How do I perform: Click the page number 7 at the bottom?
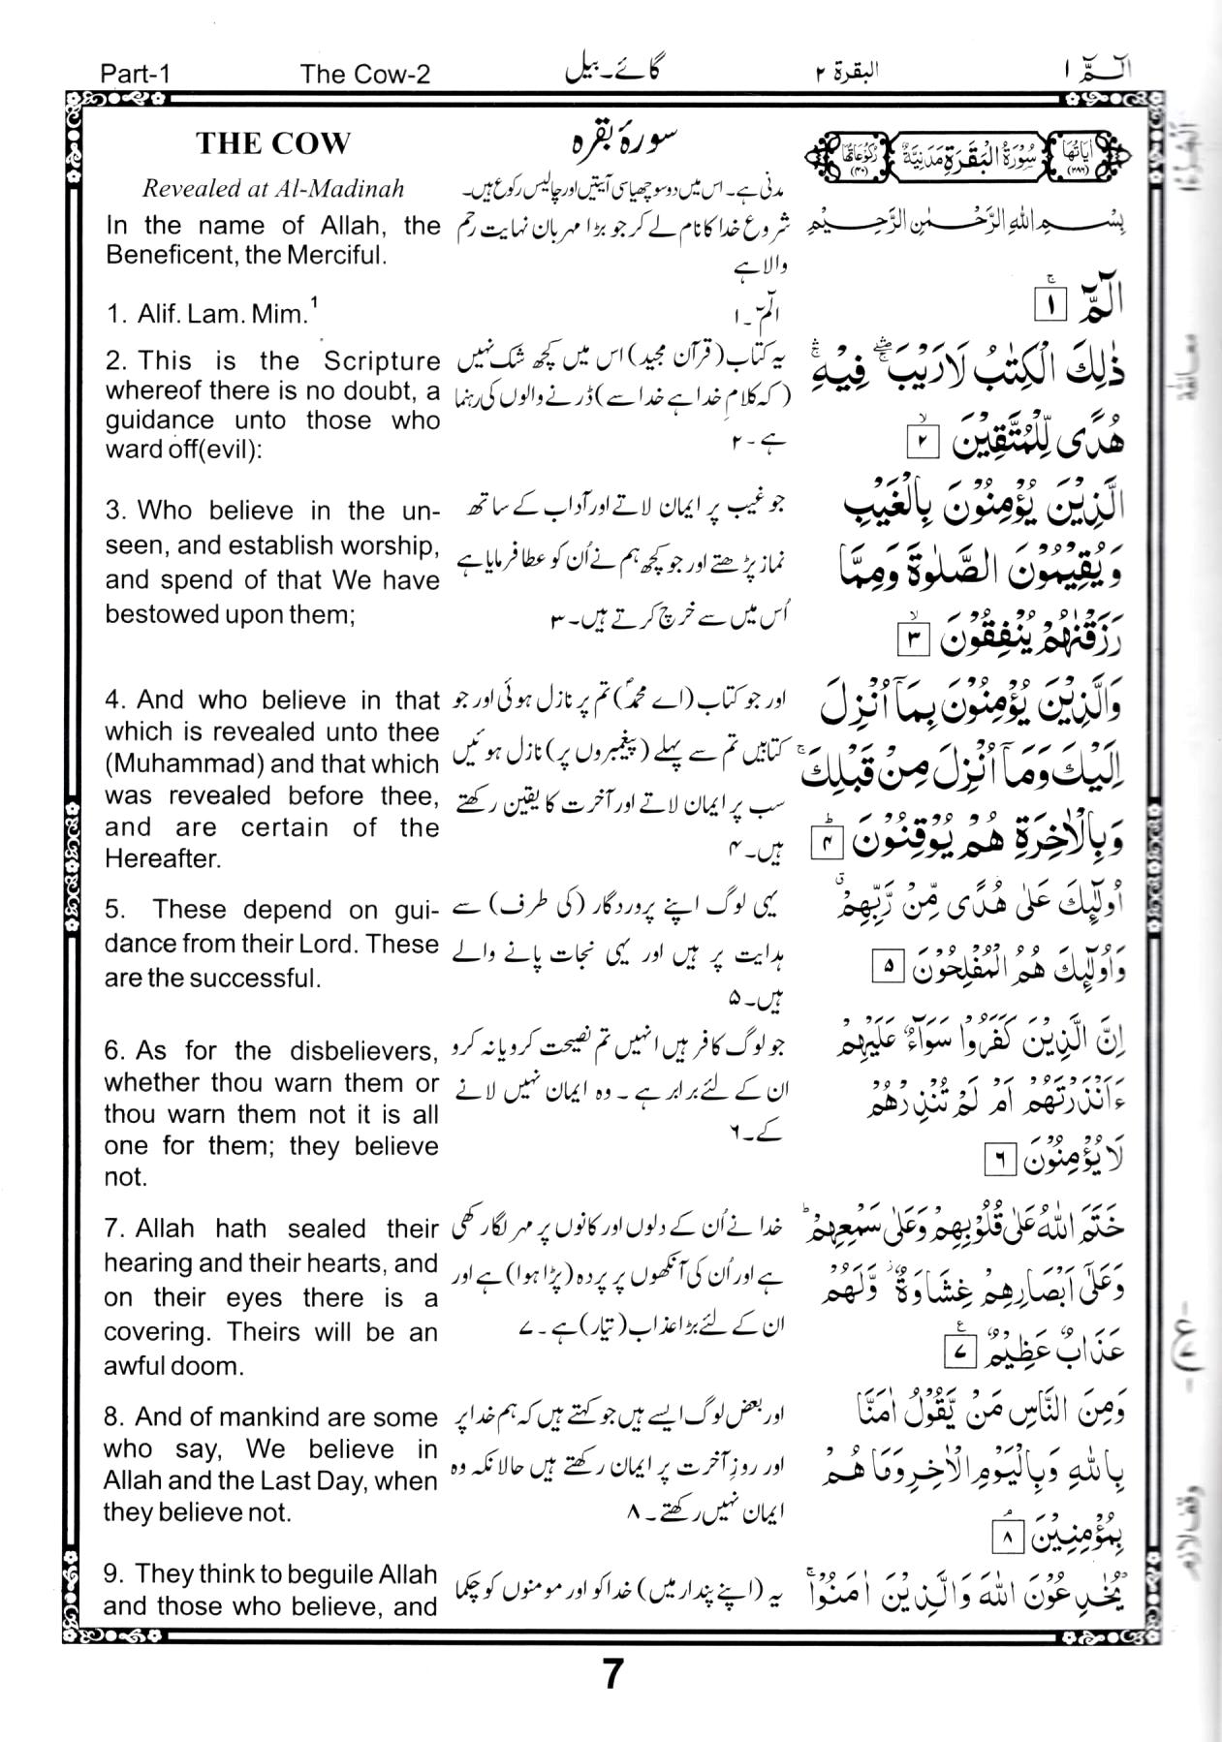click(611, 1674)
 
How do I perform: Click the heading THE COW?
click(272, 144)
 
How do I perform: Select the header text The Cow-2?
click(364, 74)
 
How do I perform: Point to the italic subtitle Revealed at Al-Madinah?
click(272, 189)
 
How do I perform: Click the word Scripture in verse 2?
click(381, 361)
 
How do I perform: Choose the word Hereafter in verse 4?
click(162, 858)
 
